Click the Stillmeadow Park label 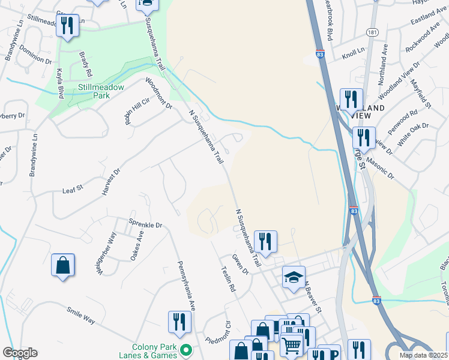(x=101, y=91)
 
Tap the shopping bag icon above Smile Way (x=63, y=265)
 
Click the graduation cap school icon (x=294, y=277)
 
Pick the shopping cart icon (x=292, y=344)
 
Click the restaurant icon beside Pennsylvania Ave (x=179, y=322)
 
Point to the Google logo (x=20, y=353)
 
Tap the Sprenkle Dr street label (x=146, y=224)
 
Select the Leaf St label (x=72, y=190)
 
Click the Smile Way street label (x=80, y=314)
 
